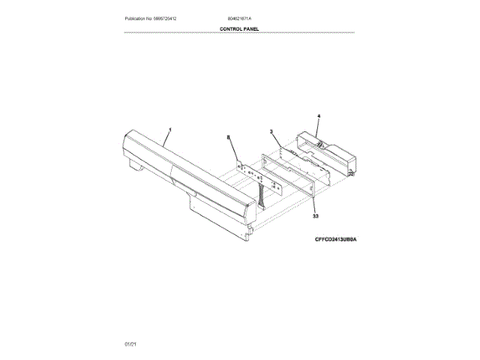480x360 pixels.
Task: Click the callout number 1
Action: (x=169, y=130)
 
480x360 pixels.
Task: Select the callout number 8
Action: (x=229, y=137)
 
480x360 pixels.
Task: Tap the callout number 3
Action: (x=271, y=132)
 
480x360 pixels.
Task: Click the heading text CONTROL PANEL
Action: (x=238, y=28)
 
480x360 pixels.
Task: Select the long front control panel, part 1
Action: (x=187, y=180)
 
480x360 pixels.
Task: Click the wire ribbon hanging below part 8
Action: (x=262, y=198)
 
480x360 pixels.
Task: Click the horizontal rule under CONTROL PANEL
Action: (x=238, y=33)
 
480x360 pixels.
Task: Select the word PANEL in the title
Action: (x=250, y=28)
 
